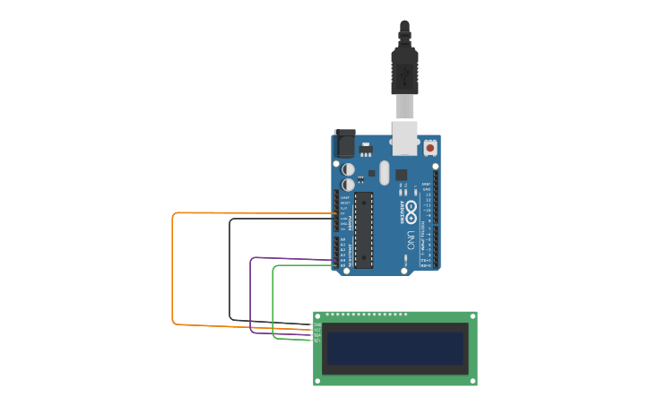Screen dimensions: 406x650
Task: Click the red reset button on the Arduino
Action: (x=430, y=147)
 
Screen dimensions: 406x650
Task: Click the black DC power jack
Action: (x=344, y=143)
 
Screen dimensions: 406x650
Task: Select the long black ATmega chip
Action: (x=363, y=229)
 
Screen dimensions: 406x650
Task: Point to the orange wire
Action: (x=172, y=269)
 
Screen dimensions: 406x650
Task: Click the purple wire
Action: (x=250, y=296)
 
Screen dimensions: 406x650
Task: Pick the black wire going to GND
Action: (x=230, y=269)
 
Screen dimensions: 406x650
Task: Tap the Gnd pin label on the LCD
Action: (x=316, y=324)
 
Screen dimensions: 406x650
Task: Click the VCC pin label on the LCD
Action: (x=316, y=330)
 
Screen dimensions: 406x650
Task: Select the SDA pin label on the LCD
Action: (x=316, y=335)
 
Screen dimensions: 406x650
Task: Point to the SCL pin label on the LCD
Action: (x=316, y=341)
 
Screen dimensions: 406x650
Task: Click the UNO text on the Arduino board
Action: (x=411, y=240)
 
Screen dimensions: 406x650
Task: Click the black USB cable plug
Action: (x=404, y=72)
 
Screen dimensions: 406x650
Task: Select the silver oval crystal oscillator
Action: (x=385, y=172)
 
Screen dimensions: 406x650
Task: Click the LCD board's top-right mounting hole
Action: (x=472, y=315)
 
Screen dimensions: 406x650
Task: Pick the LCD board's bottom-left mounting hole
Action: (x=317, y=381)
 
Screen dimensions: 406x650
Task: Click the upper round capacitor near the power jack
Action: (x=349, y=168)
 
